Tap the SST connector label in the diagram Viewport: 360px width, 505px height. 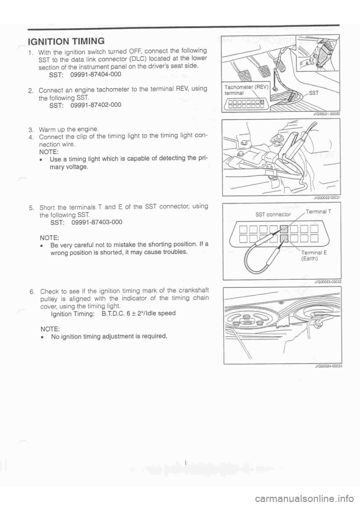[x=273, y=214]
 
